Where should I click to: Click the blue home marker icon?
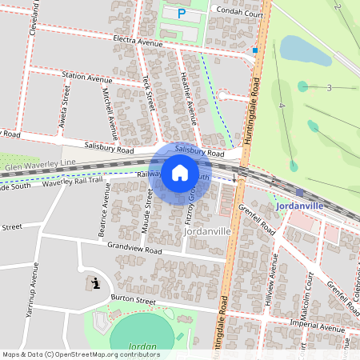click(180, 173)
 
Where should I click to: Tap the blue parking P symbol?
click(181, 13)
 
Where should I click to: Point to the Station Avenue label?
click(87, 78)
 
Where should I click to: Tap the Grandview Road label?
click(134, 250)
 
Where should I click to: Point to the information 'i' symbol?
click(95, 283)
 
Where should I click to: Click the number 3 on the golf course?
click(329, 87)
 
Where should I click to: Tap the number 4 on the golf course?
click(282, 105)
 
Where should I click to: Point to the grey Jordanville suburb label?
click(207, 230)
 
